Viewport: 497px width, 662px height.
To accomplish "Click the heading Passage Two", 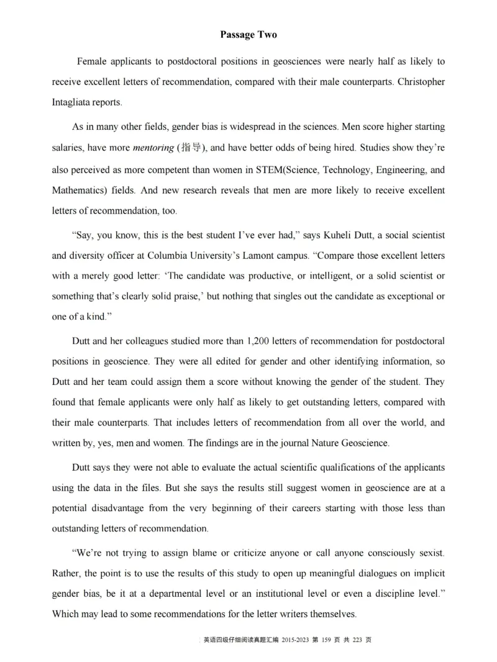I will coord(248,35).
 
